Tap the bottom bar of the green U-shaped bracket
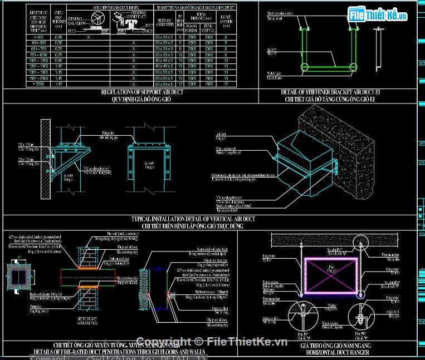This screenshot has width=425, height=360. coord(329,68)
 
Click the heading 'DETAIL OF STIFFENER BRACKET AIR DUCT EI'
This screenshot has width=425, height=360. coord(338,92)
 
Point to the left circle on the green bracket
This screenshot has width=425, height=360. coord(304,68)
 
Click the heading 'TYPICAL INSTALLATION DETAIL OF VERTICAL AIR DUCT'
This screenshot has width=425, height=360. coord(193,219)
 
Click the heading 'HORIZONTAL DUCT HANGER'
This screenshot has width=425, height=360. coord(331,352)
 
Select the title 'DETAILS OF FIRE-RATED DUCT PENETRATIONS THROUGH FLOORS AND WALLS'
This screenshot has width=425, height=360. coord(119,352)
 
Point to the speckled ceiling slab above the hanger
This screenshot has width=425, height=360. coord(334,240)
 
